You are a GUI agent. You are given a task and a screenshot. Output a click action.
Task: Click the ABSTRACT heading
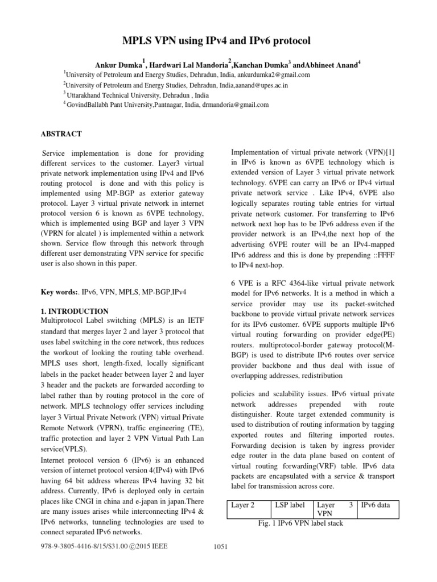coord(61,134)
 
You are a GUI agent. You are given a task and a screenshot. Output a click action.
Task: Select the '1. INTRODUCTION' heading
coord(74,311)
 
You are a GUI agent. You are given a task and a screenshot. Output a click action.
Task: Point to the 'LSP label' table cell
coord(290,504)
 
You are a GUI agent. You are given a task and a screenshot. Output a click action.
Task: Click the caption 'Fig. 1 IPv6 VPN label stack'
coord(300,523)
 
